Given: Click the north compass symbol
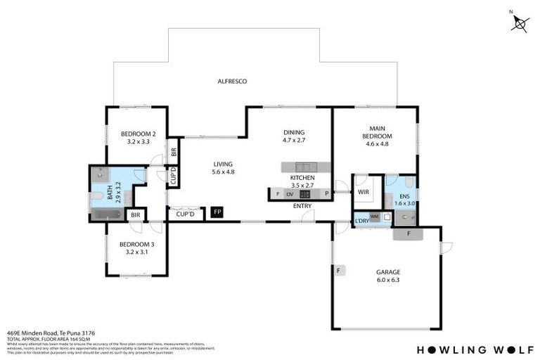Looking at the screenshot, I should [x=520, y=24].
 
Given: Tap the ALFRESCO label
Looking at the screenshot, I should [x=231, y=82].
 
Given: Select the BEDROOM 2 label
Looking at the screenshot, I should [x=138, y=134].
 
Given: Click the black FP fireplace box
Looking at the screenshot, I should [x=218, y=212].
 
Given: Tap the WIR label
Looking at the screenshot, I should [x=364, y=191].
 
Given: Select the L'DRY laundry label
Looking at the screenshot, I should [x=362, y=221].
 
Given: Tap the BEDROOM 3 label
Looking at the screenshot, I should [x=138, y=245].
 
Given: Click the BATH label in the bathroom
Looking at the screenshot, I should [x=110, y=188].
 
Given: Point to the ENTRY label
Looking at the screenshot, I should [x=302, y=206].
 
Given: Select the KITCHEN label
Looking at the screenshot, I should [x=302, y=178].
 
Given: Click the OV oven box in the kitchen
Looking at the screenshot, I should [x=288, y=194].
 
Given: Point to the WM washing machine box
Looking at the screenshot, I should [x=374, y=217].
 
